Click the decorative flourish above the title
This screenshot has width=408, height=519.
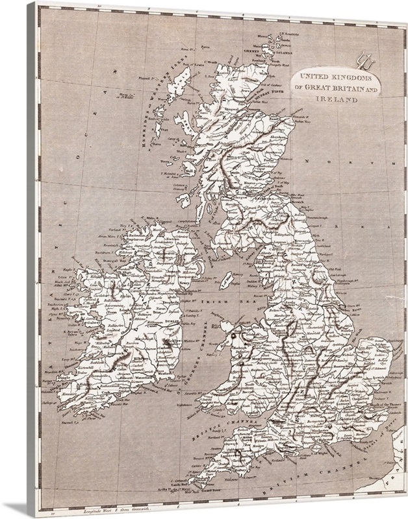pos(360,64)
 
